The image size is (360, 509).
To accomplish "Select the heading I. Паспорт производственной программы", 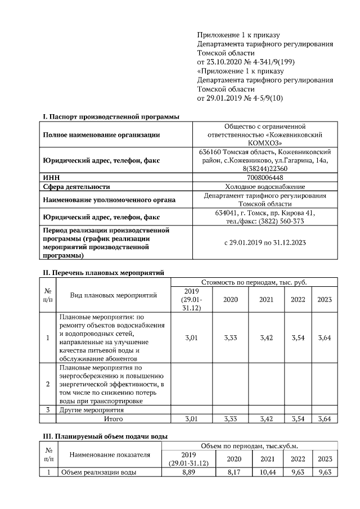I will (x=111, y=117).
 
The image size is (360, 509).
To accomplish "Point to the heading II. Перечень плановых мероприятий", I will (x=103, y=273).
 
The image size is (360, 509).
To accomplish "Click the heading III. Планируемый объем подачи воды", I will (x=105, y=436).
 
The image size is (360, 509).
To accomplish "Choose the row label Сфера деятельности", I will (x=76, y=186).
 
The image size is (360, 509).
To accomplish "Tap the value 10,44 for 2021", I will (x=267, y=472).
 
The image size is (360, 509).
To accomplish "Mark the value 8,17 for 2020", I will (x=231, y=472).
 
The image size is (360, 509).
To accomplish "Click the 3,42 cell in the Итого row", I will (x=267, y=418).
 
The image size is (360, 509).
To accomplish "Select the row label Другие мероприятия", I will (x=91, y=410).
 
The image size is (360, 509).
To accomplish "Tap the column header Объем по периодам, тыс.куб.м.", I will (x=250, y=445).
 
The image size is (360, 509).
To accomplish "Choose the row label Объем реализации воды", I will (x=98, y=472).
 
